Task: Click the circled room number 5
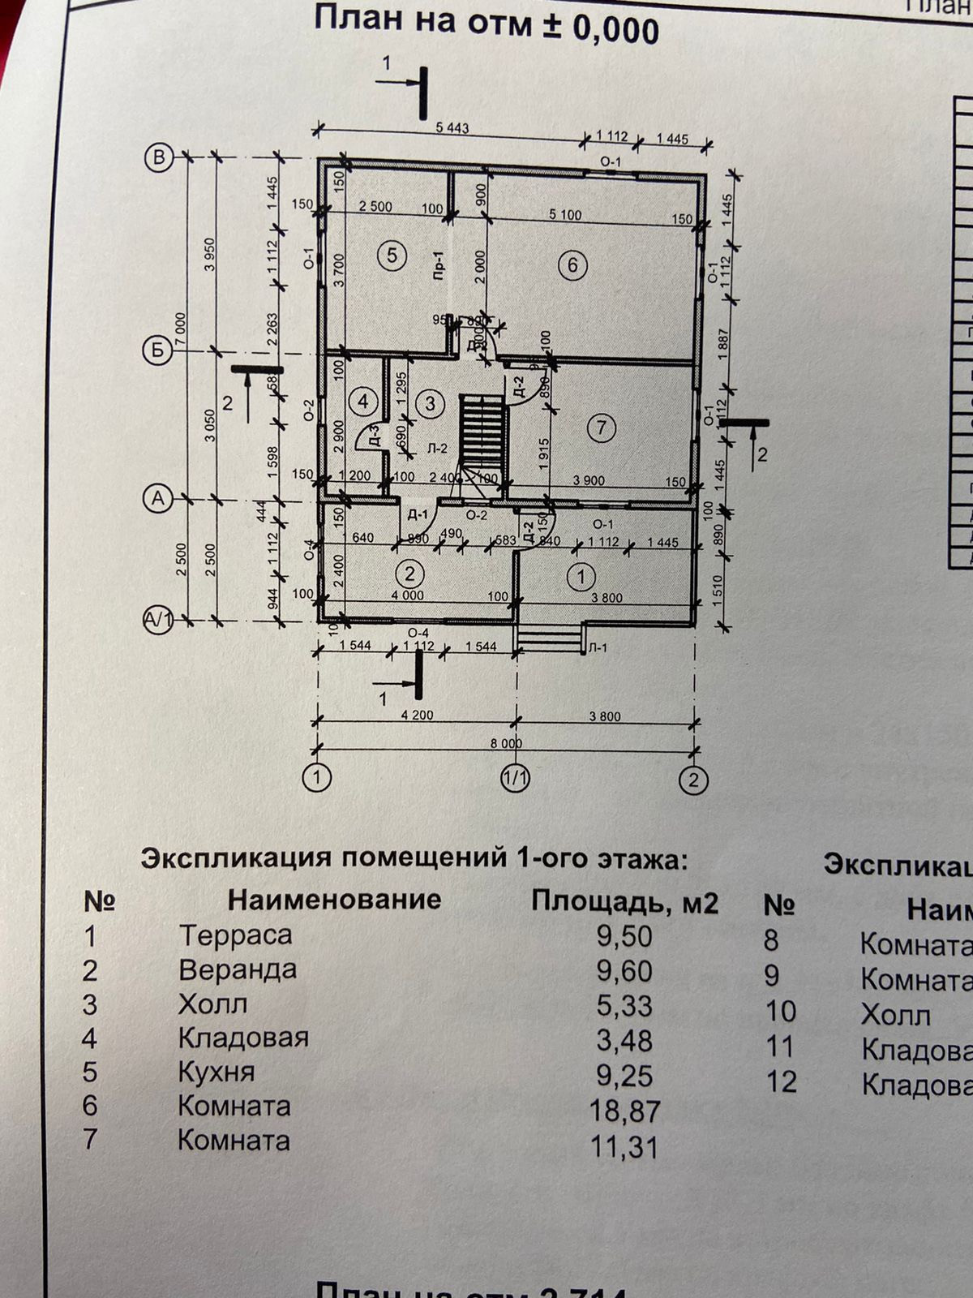(392, 256)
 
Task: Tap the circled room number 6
(572, 265)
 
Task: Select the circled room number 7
(601, 428)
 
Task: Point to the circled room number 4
(363, 400)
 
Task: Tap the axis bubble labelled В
(160, 157)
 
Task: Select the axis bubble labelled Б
(156, 351)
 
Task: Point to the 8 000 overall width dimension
(505, 743)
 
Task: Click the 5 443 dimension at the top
(452, 128)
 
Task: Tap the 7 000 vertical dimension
(180, 331)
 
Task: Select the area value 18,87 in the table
(625, 1111)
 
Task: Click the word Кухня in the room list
(216, 1072)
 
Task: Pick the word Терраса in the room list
(235, 935)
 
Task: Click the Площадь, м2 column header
(624, 901)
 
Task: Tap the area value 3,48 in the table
(624, 1040)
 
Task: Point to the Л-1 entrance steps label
(598, 647)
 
